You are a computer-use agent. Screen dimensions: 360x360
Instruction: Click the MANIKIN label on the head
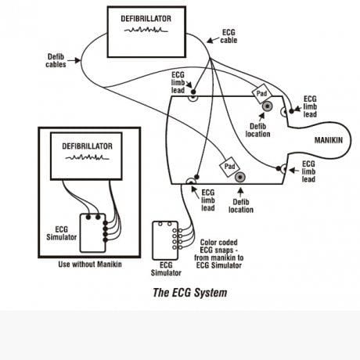click(329, 140)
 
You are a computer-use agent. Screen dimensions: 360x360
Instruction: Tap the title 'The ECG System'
click(189, 293)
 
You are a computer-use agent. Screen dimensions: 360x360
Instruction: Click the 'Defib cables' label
click(56, 60)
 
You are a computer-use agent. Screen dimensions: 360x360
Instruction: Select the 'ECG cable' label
click(229, 36)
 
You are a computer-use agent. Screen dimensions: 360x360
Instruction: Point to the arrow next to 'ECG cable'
click(213, 40)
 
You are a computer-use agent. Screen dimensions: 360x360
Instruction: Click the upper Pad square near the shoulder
click(261, 93)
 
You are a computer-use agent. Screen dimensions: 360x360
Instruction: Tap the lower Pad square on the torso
click(229, 167)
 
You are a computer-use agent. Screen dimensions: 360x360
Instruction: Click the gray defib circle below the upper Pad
click(268, 106)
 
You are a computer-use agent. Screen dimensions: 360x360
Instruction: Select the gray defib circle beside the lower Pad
click(240, 178)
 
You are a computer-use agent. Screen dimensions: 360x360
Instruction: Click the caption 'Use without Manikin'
click(90, 265)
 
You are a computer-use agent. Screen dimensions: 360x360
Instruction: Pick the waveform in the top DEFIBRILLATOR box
click(146, 30)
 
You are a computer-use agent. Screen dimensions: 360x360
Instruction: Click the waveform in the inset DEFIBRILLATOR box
click(87, 157)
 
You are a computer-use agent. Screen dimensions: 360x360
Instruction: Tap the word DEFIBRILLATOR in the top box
click(146, 19)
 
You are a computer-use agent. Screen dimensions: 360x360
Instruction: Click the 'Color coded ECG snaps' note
click(218, 254)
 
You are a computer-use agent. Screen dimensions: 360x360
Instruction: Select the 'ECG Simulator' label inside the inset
click(62, 233)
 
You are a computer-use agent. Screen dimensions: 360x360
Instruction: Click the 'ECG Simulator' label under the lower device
click(166, 269)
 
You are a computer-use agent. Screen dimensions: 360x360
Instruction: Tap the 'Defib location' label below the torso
click(241, 206)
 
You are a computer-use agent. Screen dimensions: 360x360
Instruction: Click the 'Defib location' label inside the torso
click(257, 130)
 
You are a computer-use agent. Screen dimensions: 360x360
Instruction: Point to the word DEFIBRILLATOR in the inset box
click(87, 146)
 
